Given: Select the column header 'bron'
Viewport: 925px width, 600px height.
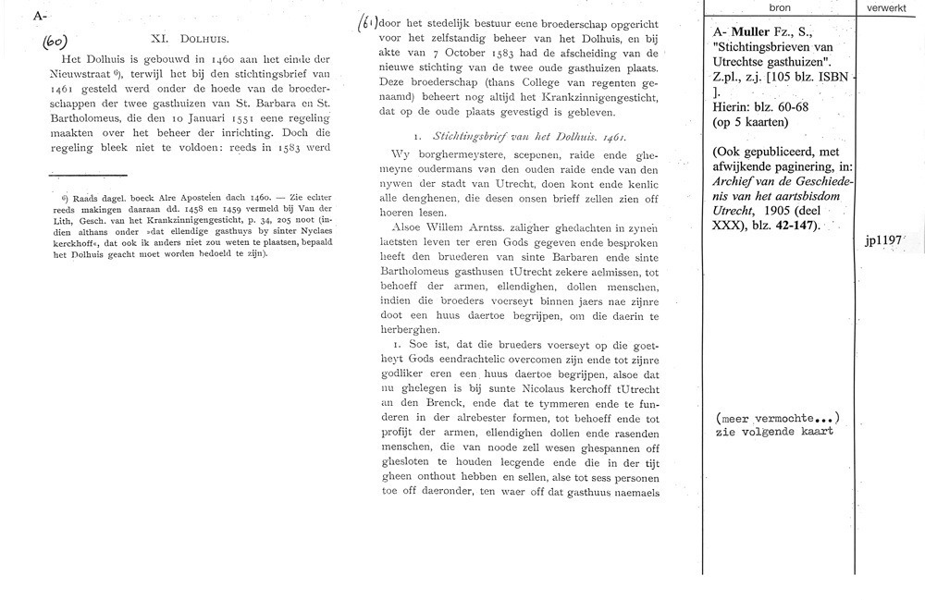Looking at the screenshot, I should click(779, 8).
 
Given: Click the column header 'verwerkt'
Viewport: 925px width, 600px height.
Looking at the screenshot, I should click(888, 8).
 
